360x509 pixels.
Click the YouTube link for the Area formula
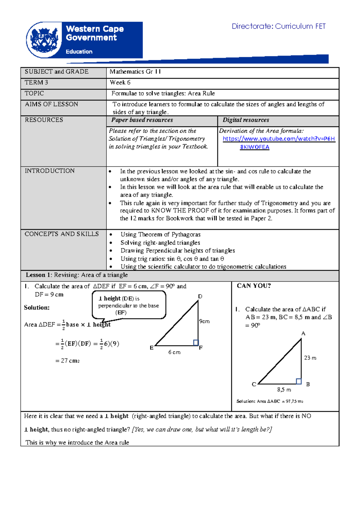click(x=278, y=139)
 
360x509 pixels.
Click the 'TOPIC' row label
click(x=34, y=93)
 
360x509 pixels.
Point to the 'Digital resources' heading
click(x=246, y=120)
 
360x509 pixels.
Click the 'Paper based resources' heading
click(x=142, y=120)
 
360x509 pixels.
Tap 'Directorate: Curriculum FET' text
click(x=278, y=26)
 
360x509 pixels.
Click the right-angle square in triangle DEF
click(x=196, y=342)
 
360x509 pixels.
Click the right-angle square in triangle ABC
click(x=298, y=381)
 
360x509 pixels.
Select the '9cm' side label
click(x=204, y=321)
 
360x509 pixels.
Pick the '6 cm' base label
click(x=174, y=352)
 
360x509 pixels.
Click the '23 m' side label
click(x=310, y=358)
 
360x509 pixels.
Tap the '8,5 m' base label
click(x=284, y=390)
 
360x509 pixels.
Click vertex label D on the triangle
click(x=200, y=297)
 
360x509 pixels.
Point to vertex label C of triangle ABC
click(x=254, y=384)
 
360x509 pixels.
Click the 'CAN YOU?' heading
click(x=254, y=286)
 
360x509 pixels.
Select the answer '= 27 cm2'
click(x=67, y=361)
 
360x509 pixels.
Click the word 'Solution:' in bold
click(x=37, y=308)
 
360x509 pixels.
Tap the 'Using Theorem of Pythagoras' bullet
click(x=160, y=235)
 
